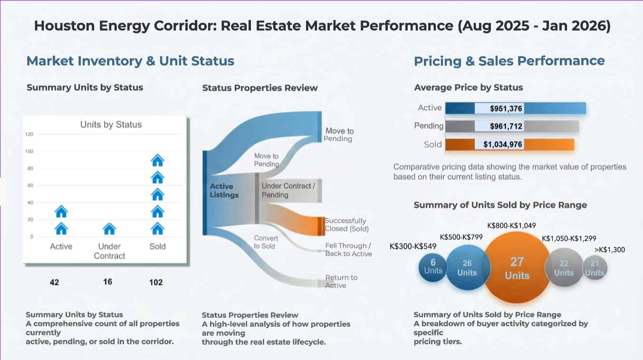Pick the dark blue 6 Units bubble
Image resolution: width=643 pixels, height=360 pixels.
click(432, 266)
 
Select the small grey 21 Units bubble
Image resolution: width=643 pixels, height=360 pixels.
click(595, 268)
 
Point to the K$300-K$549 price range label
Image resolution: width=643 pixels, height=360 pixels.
click(413, 246)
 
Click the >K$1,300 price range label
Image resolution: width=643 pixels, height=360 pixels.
click(610, 250)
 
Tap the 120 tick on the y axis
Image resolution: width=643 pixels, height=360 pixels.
click(29, 135)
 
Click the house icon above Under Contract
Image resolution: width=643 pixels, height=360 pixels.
click(109, 229)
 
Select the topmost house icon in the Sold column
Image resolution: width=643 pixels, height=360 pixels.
click(157, 160)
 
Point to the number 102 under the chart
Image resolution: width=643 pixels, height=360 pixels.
click(156, 282)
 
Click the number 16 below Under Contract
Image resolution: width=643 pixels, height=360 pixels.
click(108, 282)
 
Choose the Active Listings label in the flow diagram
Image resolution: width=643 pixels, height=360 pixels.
click(224, 191)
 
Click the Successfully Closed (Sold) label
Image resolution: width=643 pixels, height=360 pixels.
click(346, 224)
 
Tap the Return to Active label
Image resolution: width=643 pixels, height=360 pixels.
click(341, 282)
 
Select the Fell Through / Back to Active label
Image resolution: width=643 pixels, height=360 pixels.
click(348, 250)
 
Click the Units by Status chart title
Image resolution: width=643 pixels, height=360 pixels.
click(111, 125)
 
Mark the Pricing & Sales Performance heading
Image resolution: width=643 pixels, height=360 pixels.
click(509, 61)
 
